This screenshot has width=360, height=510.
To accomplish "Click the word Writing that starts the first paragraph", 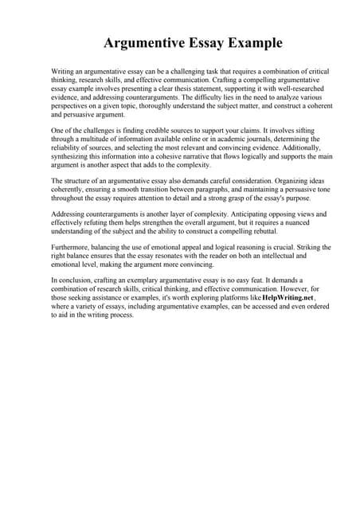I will [64, 72].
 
